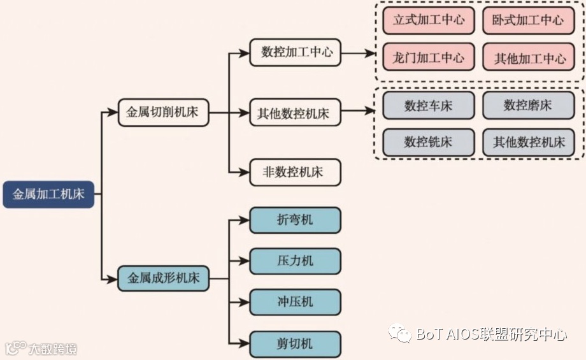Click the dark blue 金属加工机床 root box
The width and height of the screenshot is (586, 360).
point(48,194)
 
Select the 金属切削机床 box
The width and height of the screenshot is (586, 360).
point(163,113)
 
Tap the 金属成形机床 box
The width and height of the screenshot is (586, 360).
point(163,278)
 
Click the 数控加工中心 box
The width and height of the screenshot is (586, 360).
point(295,53)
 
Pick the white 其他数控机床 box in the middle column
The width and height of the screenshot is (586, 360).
point(295,114)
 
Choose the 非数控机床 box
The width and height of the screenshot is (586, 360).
point(295,172)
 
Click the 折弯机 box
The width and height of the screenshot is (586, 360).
point(295,220)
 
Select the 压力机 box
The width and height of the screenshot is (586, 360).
point(295,261)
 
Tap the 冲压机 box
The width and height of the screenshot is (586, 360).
point(295,302)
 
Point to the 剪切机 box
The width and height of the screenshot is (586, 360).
point(295,344)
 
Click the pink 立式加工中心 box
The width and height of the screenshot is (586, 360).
point(429,20)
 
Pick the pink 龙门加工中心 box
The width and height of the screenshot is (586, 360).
point(429,58)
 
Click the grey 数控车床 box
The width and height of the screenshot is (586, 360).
point(429,106)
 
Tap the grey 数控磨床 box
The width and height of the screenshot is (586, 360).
point(528,106)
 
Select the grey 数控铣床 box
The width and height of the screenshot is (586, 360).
point(429,142)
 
